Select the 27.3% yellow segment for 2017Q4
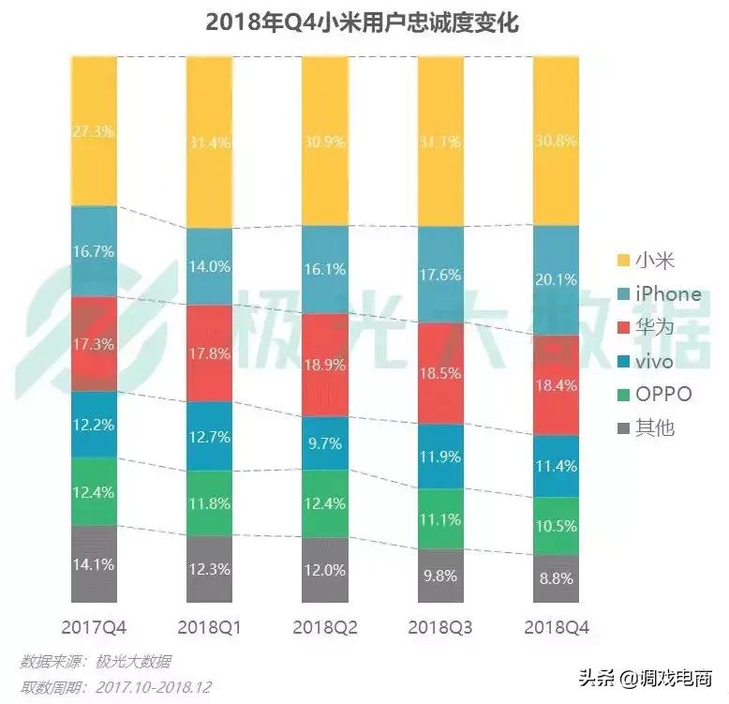[94, 132]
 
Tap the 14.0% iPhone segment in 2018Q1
[210, 266]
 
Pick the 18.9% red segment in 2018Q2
[325, 364]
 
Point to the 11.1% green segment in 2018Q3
[440, 518]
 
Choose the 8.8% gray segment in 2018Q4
[556, 578]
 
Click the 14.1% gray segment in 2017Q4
[94, 564]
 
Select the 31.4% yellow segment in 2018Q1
[210, 143]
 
